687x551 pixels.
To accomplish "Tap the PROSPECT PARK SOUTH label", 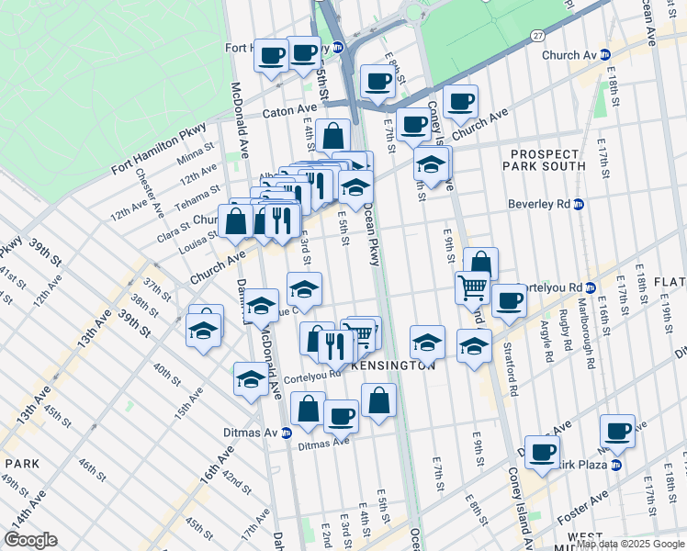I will (544, 158).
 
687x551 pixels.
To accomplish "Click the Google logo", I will (30, 540).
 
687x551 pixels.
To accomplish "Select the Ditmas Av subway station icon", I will (286, 433).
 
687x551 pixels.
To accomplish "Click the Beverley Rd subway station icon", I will (579, 204).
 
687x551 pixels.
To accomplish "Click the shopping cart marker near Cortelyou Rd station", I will (472, 287).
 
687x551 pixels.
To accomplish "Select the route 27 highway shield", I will (535, 35).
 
